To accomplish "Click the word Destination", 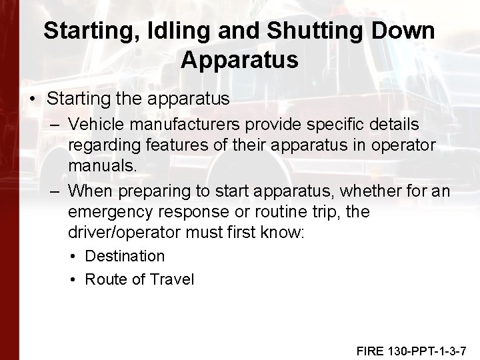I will [125, 256].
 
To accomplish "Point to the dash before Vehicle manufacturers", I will [55, 125].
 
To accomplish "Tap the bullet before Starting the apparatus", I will [32, 99].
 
